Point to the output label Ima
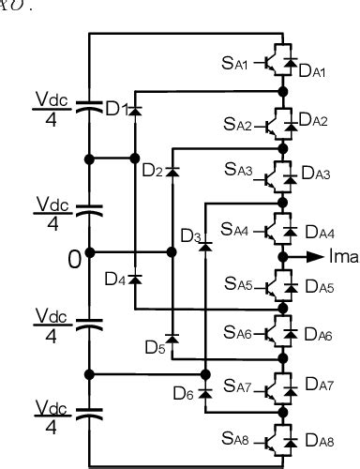[x=341, y=254]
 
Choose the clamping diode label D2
[x=153, y=171]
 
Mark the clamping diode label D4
[x=115, y=279]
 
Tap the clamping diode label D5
[x=155, y=347]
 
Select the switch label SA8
[x=236, y=437]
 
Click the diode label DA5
[x=315, y=288]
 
